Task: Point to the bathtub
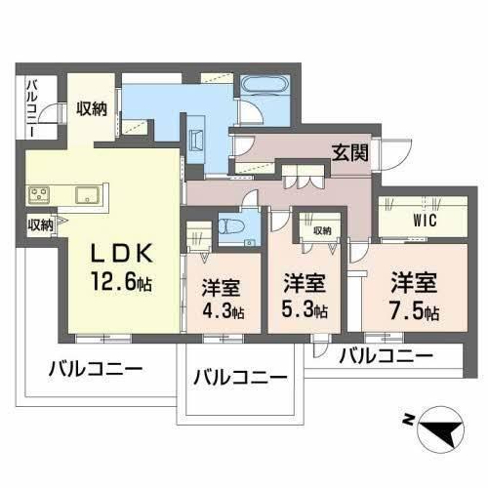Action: coord(260,86)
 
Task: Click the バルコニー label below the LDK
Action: coord(95,372)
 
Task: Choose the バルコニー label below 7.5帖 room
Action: coord(386,357)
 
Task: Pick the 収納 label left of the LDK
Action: coord(40,225)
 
